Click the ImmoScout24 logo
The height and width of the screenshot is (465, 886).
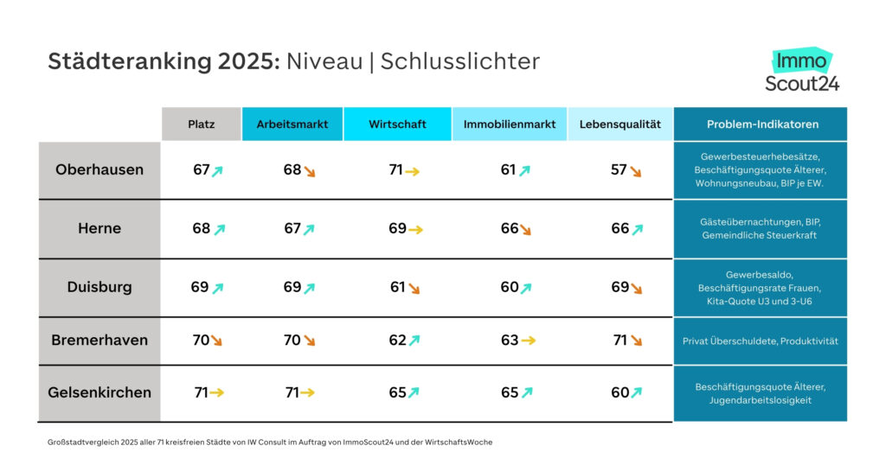click(802, 71)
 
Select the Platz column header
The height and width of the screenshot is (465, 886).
click(202, 124)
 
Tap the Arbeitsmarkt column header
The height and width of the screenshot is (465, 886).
click(292, 124)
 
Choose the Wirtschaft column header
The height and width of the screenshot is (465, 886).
click(397, 124)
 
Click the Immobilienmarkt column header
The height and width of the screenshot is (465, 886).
click(510, 124)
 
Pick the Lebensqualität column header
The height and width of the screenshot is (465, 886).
click(620, 124)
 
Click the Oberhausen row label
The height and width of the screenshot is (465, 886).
click(100, 170)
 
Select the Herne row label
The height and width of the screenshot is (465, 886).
click(100, 229)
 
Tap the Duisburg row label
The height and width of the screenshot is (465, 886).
click(100, 287)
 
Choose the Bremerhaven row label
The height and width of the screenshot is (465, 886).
click(100, 341)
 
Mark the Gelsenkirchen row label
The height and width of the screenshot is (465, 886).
click(100, 392)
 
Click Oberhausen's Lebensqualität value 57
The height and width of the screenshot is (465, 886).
click(619, 170)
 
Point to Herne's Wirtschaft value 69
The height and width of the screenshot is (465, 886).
click(397, 229)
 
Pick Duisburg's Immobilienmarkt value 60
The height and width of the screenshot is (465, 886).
click(510, 287)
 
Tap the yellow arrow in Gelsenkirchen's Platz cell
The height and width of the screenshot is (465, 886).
click(216, 393)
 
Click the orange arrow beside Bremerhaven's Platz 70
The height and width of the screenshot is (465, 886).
click(216, 341)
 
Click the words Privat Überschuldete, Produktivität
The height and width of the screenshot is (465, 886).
click(761, 341)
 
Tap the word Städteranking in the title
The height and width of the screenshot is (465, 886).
click(118, 61)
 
